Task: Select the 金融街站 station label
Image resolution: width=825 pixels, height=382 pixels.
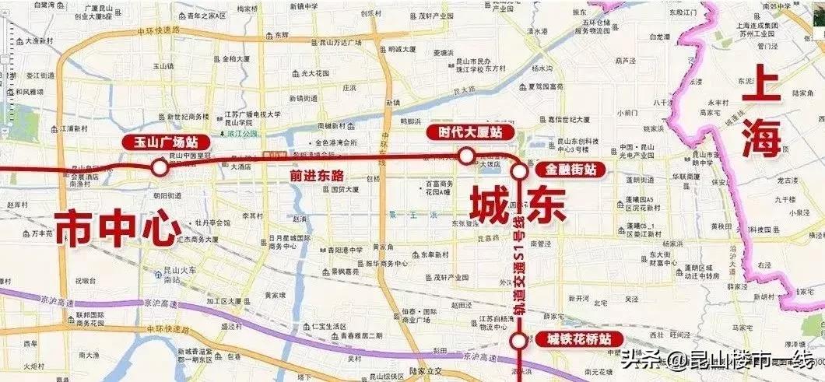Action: (570, 170)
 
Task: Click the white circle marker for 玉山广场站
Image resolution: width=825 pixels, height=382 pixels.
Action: (160, 166)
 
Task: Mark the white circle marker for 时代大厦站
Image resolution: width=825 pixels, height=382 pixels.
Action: (466, 156)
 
